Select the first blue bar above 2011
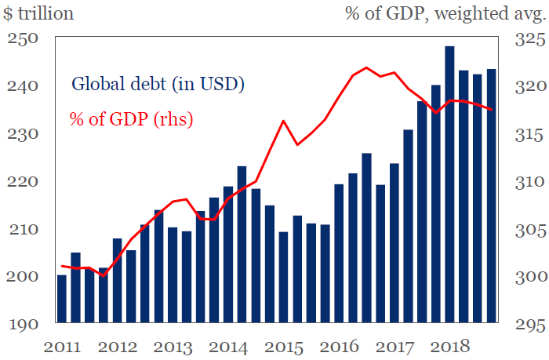(x=62, y=298)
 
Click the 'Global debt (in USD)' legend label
(x=157, y=83)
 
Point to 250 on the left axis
(x=24, y=38)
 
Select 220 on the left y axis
(x=24, y=181)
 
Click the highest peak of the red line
(x=366, y=67)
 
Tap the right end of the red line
(x=492, y=109)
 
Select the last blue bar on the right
(x=491, y=196)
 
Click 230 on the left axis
(x=24, y=134)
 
